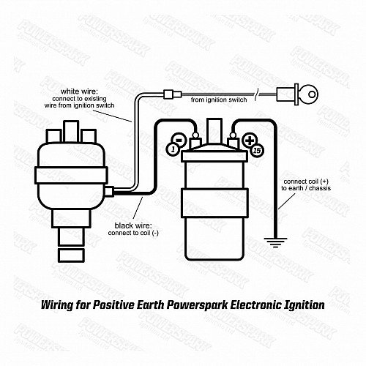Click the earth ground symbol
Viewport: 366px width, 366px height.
tap(275, 242)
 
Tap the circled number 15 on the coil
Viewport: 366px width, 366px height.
tap(257, 150)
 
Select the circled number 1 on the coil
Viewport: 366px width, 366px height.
tap(173, 149)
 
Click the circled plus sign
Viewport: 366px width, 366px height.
tap(250, 141)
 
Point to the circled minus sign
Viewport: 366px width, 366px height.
tap(179, 140)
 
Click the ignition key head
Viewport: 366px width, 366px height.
tap(308, 94)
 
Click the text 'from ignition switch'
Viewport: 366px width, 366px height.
tap(219, 100)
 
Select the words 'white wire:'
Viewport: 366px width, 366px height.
tap(79, 91)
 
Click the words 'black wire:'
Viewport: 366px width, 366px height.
tap(133, 225)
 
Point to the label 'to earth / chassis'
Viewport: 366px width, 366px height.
tap(306, 188)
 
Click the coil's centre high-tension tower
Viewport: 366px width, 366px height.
tap(214, 132)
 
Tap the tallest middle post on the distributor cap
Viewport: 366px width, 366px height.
tap(71, 131)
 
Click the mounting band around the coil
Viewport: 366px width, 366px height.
tap(214, 203)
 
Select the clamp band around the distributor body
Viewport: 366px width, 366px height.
tap(71, 175)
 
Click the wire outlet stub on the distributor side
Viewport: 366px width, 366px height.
tap(109, 191)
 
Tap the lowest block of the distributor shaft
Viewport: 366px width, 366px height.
tap(71, 255)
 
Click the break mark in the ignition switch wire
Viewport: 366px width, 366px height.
tap(257, 94)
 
